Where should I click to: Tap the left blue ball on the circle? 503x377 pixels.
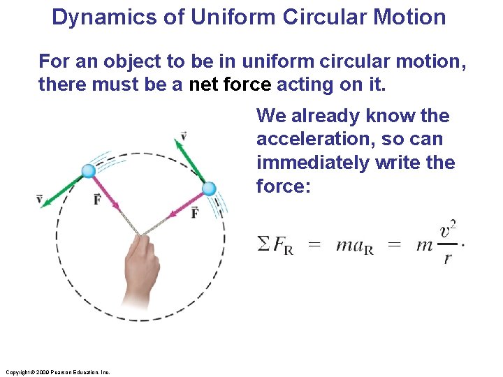click(x=88, y=171)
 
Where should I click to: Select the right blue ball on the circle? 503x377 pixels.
click(x=208, y=188)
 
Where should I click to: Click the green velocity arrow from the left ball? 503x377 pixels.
click(x=63, y=188)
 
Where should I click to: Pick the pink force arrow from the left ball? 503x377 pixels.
click(x=105, y=190)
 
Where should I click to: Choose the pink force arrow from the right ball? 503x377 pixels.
click(x=184, y=202)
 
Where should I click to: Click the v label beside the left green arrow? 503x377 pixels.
click(x=39, y=200)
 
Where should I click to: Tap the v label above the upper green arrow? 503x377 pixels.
click(x=183, y=135)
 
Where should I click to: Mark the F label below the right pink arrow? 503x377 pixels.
click(x=195, y=213)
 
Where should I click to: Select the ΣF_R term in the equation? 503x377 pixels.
click(x=275, y=245)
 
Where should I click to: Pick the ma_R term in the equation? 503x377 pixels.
click(x=354, y=245)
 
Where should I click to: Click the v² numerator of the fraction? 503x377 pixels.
click(x=449, y=229)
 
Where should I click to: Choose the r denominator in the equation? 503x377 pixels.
click(x=448, y=258)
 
